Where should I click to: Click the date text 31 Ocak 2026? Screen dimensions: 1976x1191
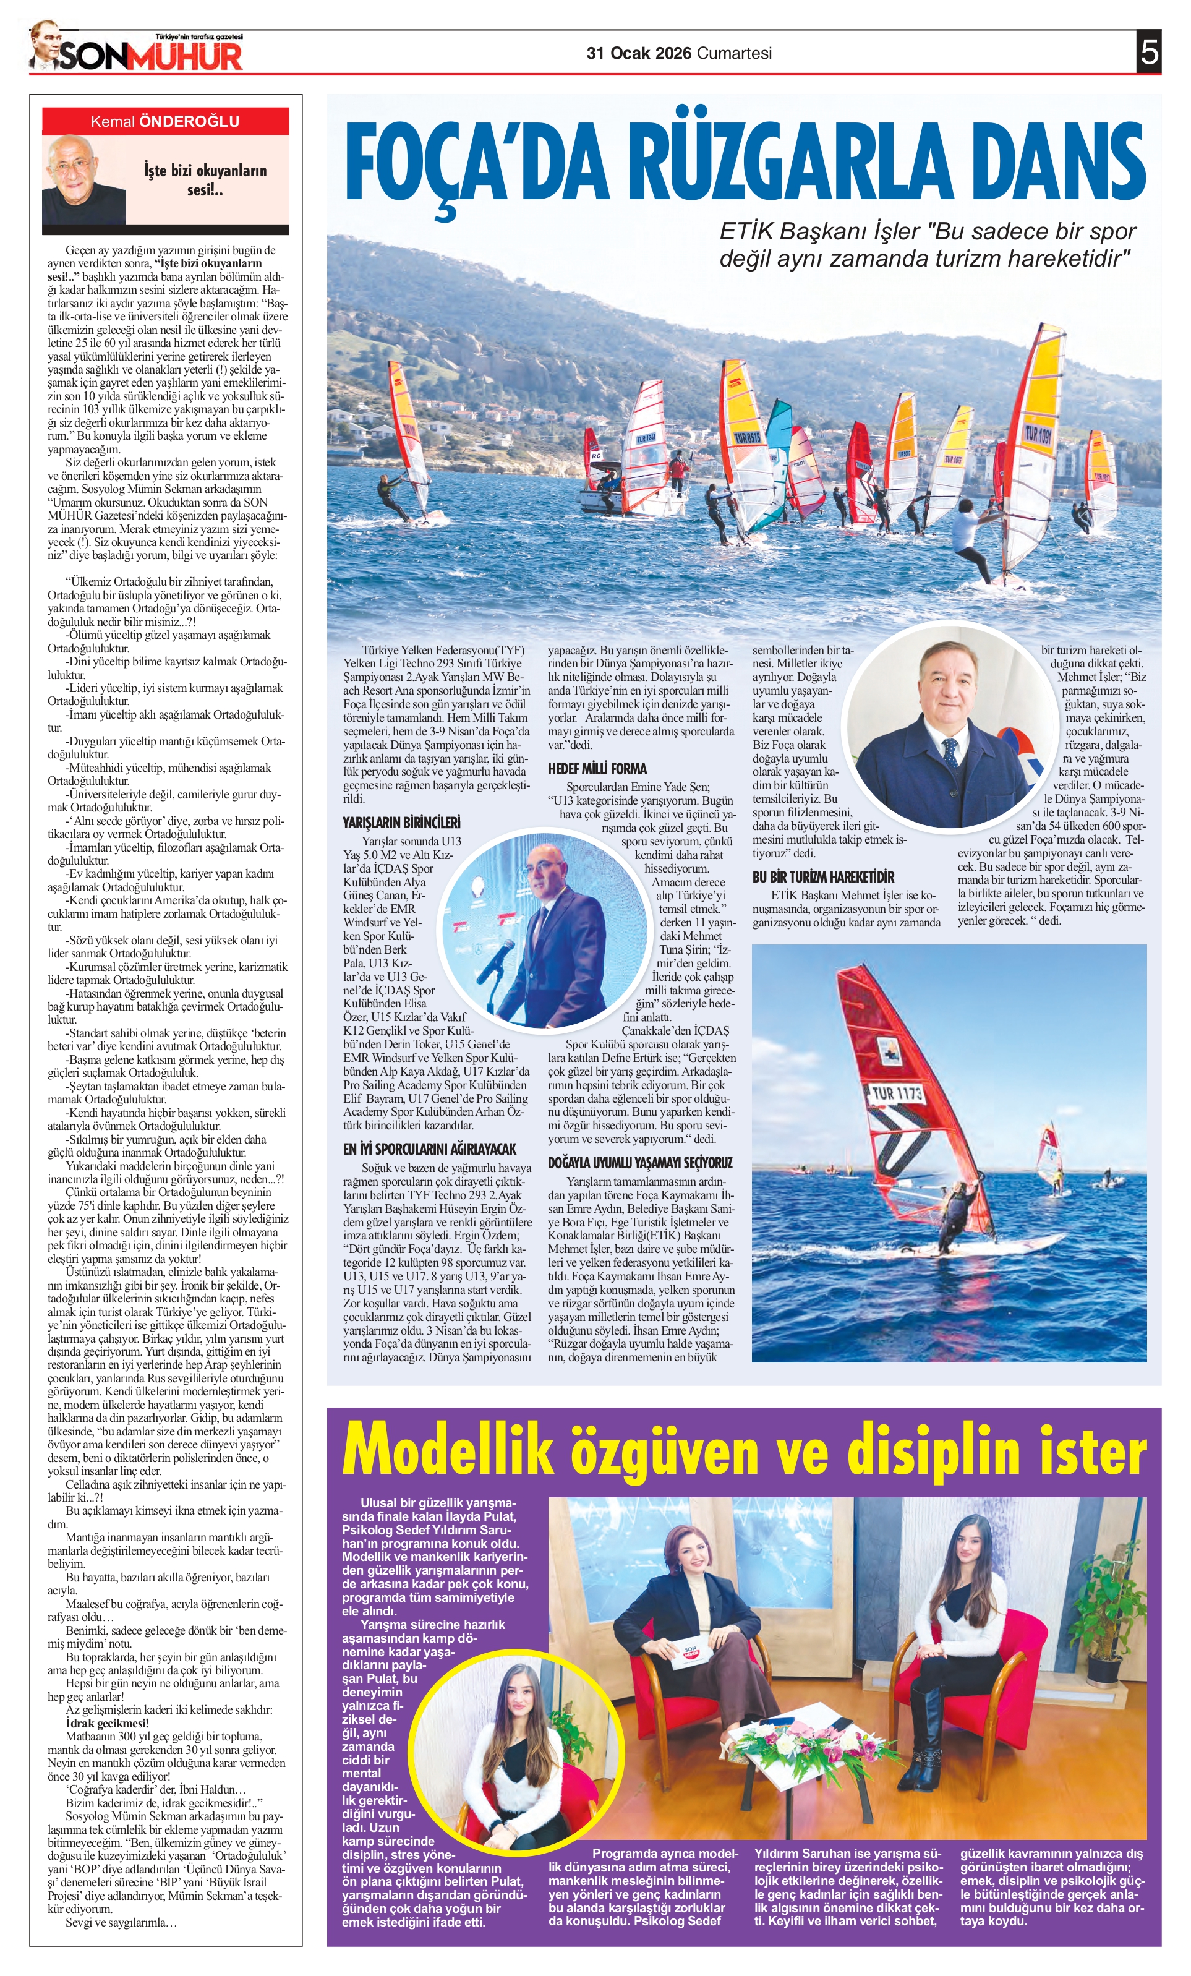638,53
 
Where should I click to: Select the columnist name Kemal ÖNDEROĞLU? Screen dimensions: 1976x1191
165,122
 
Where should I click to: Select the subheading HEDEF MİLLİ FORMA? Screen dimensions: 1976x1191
597,768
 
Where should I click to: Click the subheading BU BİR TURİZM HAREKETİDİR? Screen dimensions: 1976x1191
823,876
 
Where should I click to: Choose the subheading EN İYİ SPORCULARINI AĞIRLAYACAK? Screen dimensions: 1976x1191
430,1148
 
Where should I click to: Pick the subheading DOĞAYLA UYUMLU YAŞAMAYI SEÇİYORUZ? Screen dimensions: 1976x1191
640,1162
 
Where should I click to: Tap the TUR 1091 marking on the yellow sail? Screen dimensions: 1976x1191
1038,435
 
